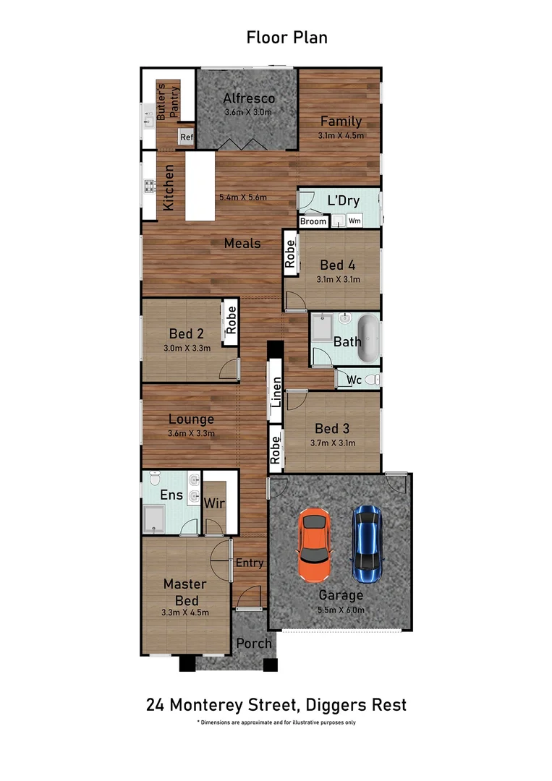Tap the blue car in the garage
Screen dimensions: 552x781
(x=368, y=544)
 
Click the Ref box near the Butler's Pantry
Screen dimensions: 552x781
(x=187, y=137)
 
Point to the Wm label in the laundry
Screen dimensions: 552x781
(x=354, y=221)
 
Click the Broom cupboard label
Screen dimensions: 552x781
(x=313, y=221)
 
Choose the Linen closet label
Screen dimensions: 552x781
(x=276, y=392)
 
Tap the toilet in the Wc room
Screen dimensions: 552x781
(x=372, y=380)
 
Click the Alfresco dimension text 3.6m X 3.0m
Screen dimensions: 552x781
(x=248, y=112)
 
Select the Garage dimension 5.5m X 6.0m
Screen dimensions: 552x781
(x=341, y=610)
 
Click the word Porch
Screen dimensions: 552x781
(x=254, y=643)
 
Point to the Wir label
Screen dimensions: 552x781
(x=214, y=503)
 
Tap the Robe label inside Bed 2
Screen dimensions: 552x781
(x=231, y=320)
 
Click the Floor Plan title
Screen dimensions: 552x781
(x=287, y=38)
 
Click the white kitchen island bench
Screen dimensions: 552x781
(x=200, y=186)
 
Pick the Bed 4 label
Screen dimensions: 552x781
(x=337, y=265)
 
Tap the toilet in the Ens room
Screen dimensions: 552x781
(x=154, y=478)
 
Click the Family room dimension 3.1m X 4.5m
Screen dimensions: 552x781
(x=341, y=135)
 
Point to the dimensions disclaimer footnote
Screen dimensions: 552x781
(x=276, y=722)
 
